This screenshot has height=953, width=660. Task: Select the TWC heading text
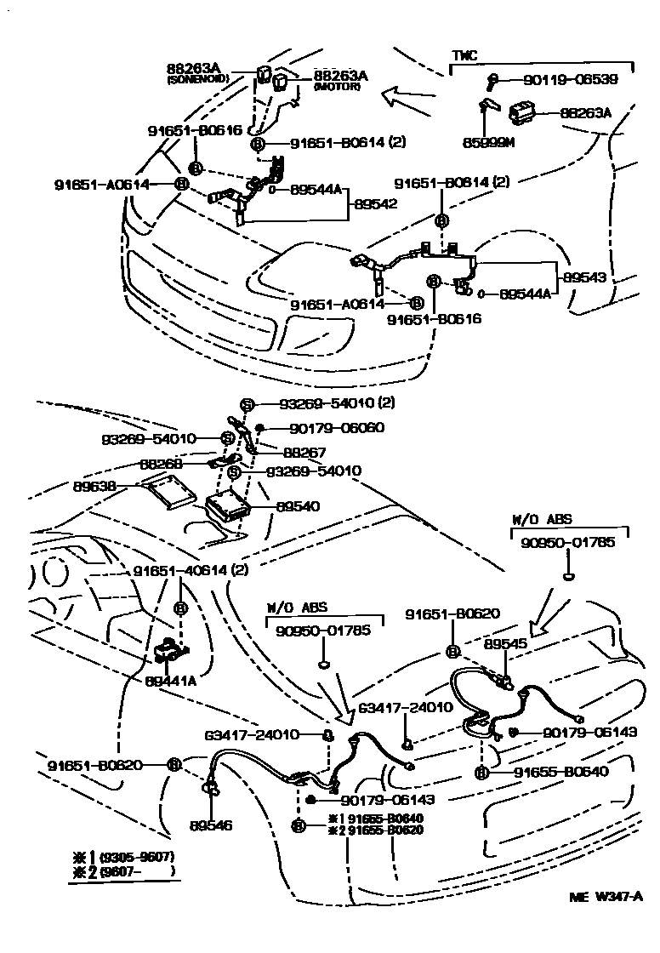point(464,55)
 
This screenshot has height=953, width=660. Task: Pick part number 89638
point(95,488)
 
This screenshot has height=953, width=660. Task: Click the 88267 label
point(304,454)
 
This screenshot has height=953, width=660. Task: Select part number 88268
point(162,465)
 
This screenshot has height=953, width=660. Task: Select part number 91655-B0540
point(561,773)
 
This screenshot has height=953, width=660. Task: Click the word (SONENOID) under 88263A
point(192,79)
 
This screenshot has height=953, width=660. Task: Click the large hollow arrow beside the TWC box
point(410,95)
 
